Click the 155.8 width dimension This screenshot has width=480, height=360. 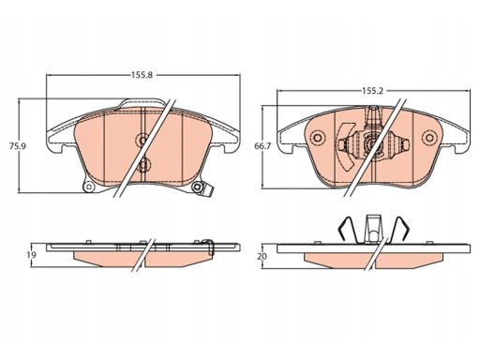click(x=142, y=75)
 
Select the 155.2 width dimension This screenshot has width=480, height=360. click(x=372, y=91)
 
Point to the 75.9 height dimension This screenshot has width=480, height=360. click(x=17, y=146)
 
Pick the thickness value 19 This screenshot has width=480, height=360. click(x=31, y=255)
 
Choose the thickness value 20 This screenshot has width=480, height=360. click(x=262, y=256)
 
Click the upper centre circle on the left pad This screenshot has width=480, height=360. click(x=143, y=140)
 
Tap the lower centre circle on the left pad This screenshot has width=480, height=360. click(x=143, y=165)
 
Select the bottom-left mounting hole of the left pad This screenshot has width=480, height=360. click(x=90, y=187)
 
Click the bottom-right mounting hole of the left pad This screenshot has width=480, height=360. click(x=197, y=187)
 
